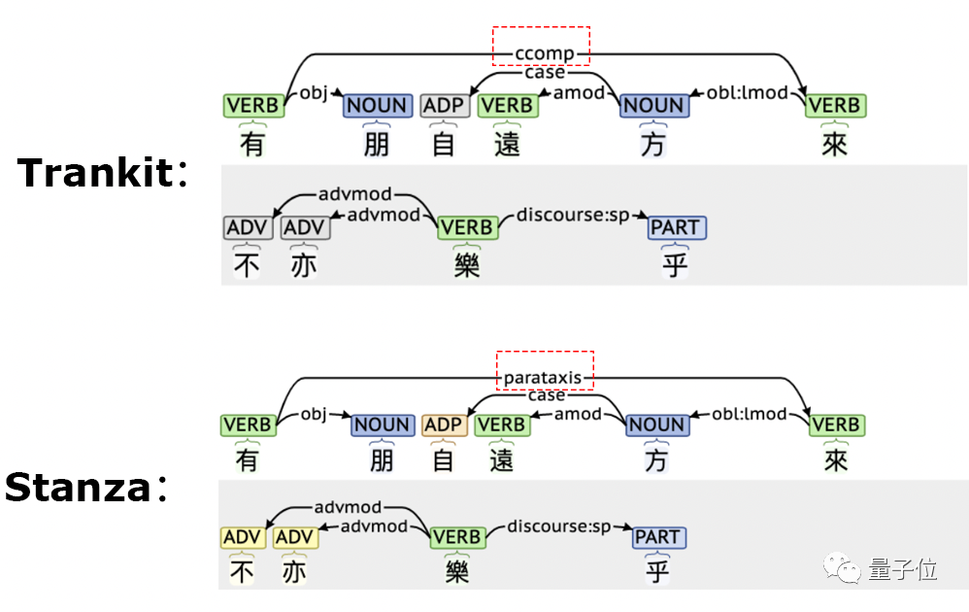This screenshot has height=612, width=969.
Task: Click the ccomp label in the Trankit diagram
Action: [540, 53]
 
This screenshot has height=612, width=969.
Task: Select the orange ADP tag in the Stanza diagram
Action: [444, 425]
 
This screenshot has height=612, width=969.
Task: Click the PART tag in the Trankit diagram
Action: [676, 228]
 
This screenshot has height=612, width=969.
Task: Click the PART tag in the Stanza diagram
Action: [657, 537]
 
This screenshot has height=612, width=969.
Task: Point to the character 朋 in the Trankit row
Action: [378, 144]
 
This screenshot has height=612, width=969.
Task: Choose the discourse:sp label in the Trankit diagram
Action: [573, 215]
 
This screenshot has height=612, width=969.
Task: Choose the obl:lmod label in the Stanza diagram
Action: [749, 414]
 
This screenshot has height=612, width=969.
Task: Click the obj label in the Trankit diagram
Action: [314, 92]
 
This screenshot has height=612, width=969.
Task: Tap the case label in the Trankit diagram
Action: [544, 73]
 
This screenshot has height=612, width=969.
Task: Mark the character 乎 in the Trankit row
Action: [676, 264]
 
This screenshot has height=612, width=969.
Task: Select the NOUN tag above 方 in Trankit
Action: [653, 105]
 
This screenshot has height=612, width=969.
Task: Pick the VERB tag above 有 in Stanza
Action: [247, 425]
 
